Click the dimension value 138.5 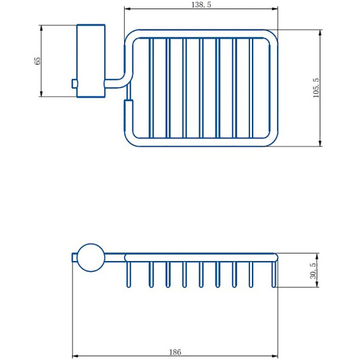201,4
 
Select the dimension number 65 37,61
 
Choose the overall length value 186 175,352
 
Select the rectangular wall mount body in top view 91,60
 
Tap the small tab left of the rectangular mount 74,83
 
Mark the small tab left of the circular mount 74,257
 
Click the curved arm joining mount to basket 121,78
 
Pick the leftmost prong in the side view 128,275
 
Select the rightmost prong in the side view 274,275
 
